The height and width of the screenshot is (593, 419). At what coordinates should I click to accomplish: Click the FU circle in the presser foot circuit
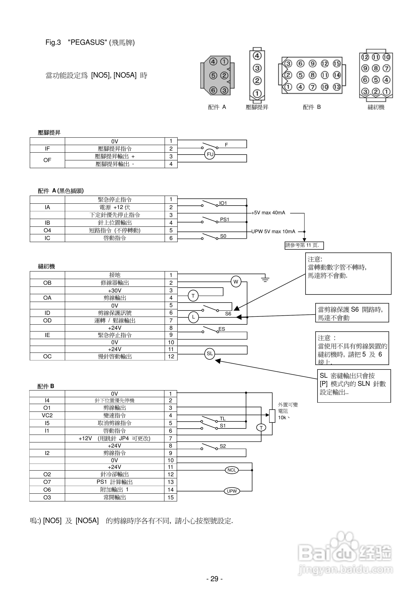click(210, 154)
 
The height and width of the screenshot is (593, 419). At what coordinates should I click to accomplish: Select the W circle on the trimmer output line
click(236, 282)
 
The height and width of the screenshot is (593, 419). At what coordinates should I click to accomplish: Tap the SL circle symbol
click(210, 354)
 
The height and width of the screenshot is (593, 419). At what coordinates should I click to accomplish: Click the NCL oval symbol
click(232, 470)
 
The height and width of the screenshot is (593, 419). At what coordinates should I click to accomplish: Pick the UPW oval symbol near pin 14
click(232, 491)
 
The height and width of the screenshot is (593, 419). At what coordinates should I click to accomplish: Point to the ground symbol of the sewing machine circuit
click(265, 279)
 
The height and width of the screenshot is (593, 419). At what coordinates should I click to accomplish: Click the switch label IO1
click(223, 203)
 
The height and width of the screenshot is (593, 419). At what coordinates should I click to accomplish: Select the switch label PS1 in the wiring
click(224, 220)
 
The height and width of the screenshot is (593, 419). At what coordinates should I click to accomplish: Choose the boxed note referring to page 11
click(304, 245)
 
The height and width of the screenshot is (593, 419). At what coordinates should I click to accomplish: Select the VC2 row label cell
click(47, 415)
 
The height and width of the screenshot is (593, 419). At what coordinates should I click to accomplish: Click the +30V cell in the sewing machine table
click(115, 290)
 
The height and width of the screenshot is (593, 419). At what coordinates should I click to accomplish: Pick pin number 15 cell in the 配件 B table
click(170, 497)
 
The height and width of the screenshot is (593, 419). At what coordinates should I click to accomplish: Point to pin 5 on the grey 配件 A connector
click(213, 76)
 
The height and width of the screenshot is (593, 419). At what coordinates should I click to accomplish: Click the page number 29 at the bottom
click(214, 579)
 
